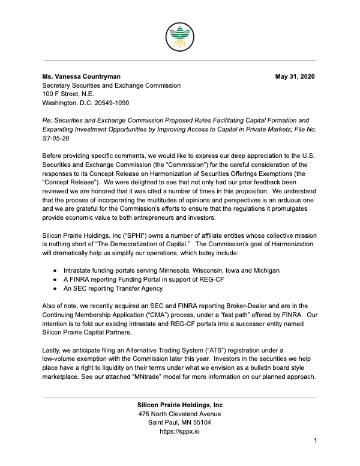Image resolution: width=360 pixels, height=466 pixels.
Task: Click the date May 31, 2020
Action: pos(295,77)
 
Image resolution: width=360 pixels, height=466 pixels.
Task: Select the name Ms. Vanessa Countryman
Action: pos(81,77)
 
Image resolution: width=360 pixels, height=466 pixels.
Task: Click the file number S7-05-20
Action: pos(56,138)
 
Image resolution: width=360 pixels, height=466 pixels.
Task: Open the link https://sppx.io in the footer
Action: pos(180,431)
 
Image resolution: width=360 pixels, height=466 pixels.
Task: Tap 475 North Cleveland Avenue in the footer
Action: pos(180,414)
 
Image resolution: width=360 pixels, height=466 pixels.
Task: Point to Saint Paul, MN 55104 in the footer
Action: pos(180,423)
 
